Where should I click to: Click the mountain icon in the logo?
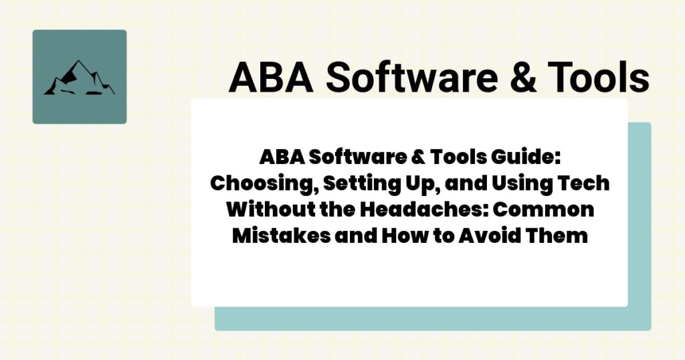click(79, 78)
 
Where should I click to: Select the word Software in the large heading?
click(403, 78)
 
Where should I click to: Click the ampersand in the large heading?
click(521, 78)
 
